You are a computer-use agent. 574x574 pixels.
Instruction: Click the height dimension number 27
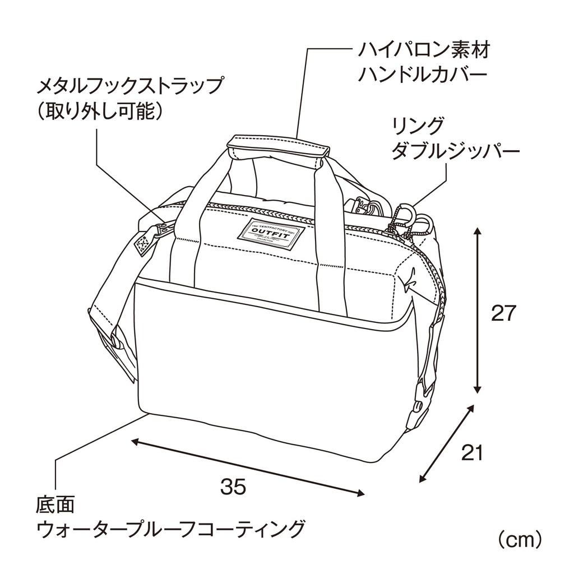pos(502,313)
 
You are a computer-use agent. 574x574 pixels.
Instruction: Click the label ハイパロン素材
pos(424,51)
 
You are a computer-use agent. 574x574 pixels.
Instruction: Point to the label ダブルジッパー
pos(455,151)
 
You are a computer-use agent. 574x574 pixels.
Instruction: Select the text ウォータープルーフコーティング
pos(171,529)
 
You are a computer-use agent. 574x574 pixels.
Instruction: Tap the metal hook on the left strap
pos(162,229)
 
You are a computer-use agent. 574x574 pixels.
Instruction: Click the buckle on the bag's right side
pos(419,409)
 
